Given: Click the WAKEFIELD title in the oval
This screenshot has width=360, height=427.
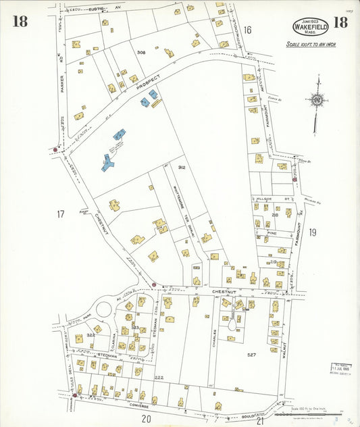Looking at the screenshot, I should tap(311, 28).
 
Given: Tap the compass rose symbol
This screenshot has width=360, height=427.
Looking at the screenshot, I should tap(316, 99).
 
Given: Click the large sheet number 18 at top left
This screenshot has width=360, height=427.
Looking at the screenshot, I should tap(20, 22).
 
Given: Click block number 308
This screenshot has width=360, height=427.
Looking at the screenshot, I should tap(140, 52).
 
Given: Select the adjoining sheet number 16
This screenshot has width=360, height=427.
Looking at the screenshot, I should tap(247, 30).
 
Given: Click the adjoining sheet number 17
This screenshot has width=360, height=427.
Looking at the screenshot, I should tap(60, 214).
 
